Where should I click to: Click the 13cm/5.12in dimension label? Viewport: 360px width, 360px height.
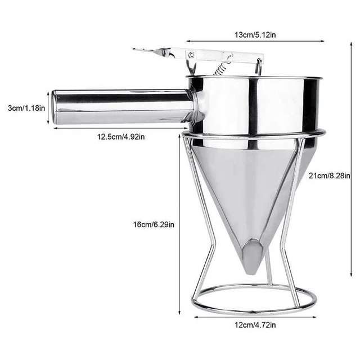point(255,35)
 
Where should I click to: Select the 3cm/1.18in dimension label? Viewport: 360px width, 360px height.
point(26,108)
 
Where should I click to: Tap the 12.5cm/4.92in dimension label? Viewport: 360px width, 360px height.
point(121,137)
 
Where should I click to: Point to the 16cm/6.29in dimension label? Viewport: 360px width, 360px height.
point(154,224)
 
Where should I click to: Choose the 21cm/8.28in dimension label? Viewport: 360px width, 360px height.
point(329,175)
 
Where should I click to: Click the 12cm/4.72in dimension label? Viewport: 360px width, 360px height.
point(255,325)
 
